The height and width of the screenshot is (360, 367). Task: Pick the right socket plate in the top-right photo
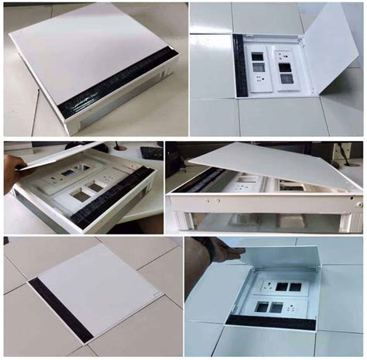coord(283,71)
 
